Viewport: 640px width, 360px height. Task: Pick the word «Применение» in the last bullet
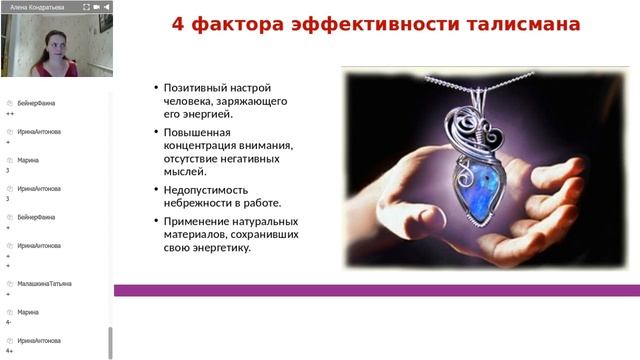click(196, 221)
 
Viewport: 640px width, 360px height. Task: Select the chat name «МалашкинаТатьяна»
click(44, 283)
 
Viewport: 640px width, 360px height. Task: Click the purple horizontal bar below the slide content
click(376, 290)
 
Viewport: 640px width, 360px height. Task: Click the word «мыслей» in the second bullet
click(183, 171)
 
